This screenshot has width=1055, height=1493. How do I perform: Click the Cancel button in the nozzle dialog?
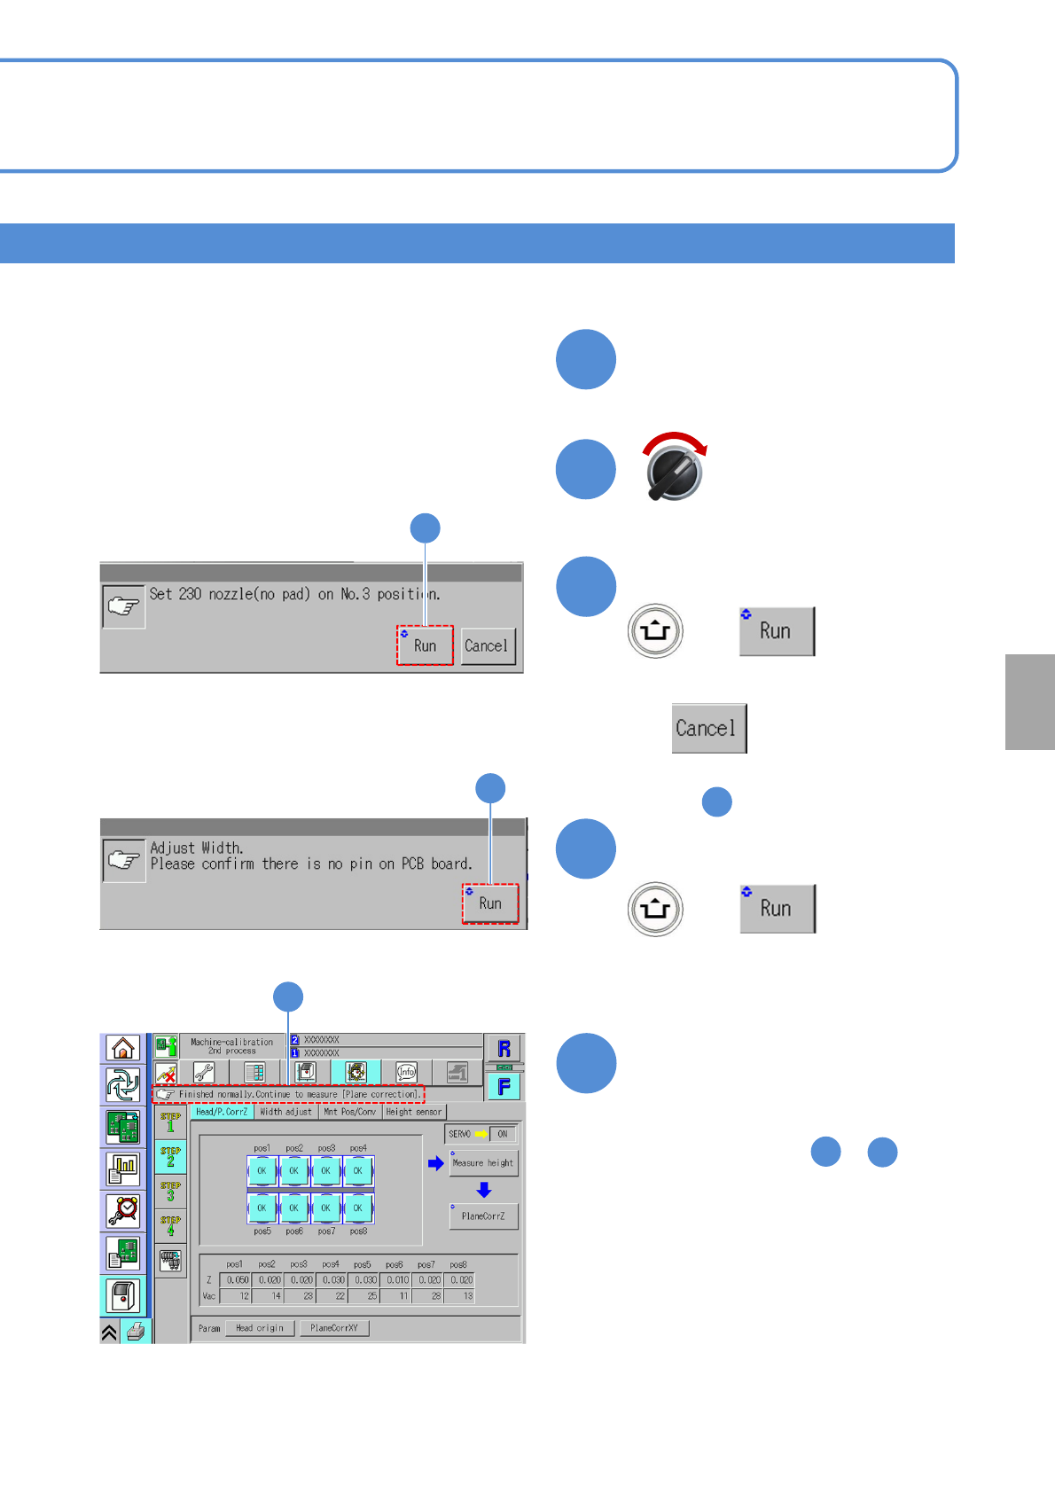pyautogui.click(x=487, y=645)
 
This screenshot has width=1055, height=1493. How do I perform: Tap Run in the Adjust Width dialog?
pyautogui.click(x=490, y=903)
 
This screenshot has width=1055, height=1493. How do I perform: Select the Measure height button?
pyautogui.click(x=483, y=1163)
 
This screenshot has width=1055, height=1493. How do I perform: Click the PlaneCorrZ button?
pyautogui.click(x=483, y=1216)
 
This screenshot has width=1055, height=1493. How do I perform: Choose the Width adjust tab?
pyautogui.click(x=285, y=1112)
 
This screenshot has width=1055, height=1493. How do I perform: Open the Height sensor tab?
pyautogui.click(x=413, y=1112)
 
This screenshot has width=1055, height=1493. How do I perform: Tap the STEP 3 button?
pyautogui.click(x=170, y=1191)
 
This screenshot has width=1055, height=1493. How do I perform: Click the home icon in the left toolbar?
pyautogui.click(x=123, y=1048)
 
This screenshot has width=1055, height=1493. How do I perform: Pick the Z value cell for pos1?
pyautogui.click(x=237, y=1280)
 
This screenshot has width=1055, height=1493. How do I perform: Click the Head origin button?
pyautogui.click(x=260, y=1328)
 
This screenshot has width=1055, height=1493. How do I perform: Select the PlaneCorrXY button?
pyautogui.click(x=334, y=1328)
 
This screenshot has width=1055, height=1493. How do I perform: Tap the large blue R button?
pyautogui.click(x=504, y=1048)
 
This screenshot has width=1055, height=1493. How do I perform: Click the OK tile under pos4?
pyautogui.click(x=358, y=1171)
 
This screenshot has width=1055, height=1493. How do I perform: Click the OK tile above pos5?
pyautogui.click(x=262, y=1208)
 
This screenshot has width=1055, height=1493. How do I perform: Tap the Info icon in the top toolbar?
pyautogui.click(x=406, y=1072)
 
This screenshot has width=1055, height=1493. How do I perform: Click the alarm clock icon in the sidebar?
pyautogui.click(x=123, y=1210)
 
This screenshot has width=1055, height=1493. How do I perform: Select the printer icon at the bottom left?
pyautogui.click(x=136, y=1332)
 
